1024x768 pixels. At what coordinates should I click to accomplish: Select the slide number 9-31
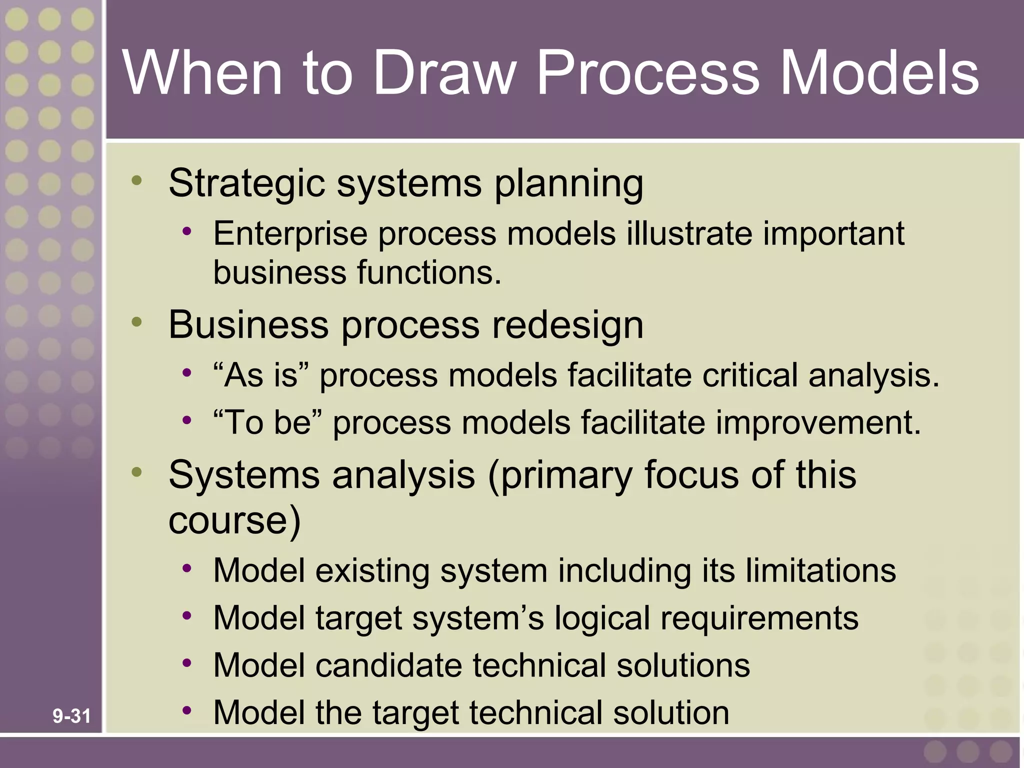[x=71, y=716]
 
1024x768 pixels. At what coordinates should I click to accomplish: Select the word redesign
[x=567, y=325]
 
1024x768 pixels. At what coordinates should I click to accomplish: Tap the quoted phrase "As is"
[x=261, y=375]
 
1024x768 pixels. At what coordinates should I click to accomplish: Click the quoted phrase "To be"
[x=267, y=422]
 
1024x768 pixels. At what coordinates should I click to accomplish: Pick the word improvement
[x=818, y=422]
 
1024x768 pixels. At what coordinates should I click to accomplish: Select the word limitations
[x=820, y=570]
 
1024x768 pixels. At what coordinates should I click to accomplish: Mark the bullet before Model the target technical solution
[x=187, y=709]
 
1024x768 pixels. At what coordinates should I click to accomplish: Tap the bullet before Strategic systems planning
[x=137, y=180]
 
